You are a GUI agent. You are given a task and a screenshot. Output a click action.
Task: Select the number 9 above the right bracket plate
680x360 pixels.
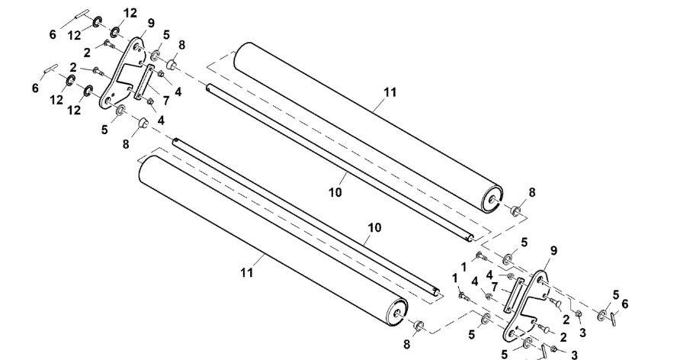point(553,251)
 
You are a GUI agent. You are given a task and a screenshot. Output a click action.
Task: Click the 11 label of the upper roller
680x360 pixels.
point(390,92)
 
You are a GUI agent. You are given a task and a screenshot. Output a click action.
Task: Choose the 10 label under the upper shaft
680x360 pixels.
point(335,192)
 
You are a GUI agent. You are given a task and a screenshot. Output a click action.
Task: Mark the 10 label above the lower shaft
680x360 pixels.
point(374,227)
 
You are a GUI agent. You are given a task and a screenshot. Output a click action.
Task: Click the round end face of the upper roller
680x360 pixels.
point(492,198)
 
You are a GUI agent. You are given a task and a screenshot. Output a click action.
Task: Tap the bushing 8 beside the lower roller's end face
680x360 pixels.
point(418,326)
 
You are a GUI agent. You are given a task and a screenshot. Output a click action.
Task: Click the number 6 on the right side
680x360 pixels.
point(625,304)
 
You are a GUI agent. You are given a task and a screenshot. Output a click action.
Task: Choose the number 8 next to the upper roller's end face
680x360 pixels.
point(532,192)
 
